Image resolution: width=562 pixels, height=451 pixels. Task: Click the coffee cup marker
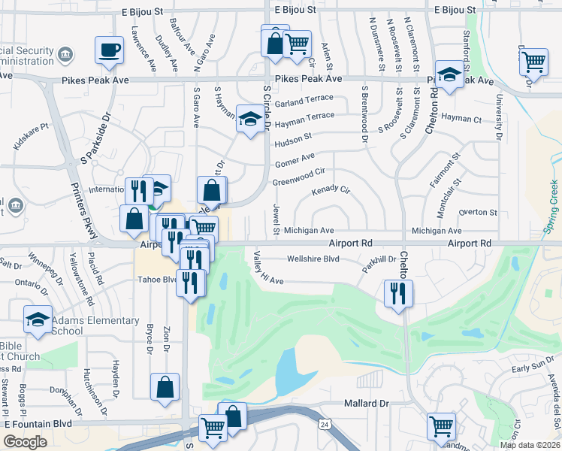tap(109, 50)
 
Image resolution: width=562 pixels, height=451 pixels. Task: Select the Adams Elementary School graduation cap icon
tap(38, 319)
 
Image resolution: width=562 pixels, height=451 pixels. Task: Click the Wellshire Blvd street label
tap(313, 259)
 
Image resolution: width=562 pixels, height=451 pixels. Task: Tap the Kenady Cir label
tap(331, 191)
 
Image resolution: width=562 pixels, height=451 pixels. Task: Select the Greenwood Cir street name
tap(298, 177)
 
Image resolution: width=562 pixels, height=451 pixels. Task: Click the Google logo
tap(25, 442)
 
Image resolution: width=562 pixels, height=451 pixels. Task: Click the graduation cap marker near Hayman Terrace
tap(249, 118)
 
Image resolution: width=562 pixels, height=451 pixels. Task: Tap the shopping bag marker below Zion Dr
tap(165, 388)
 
